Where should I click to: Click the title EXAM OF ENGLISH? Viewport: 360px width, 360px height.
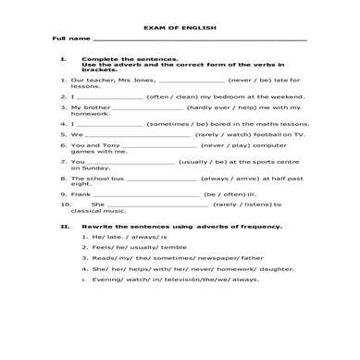click(180, 28)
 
